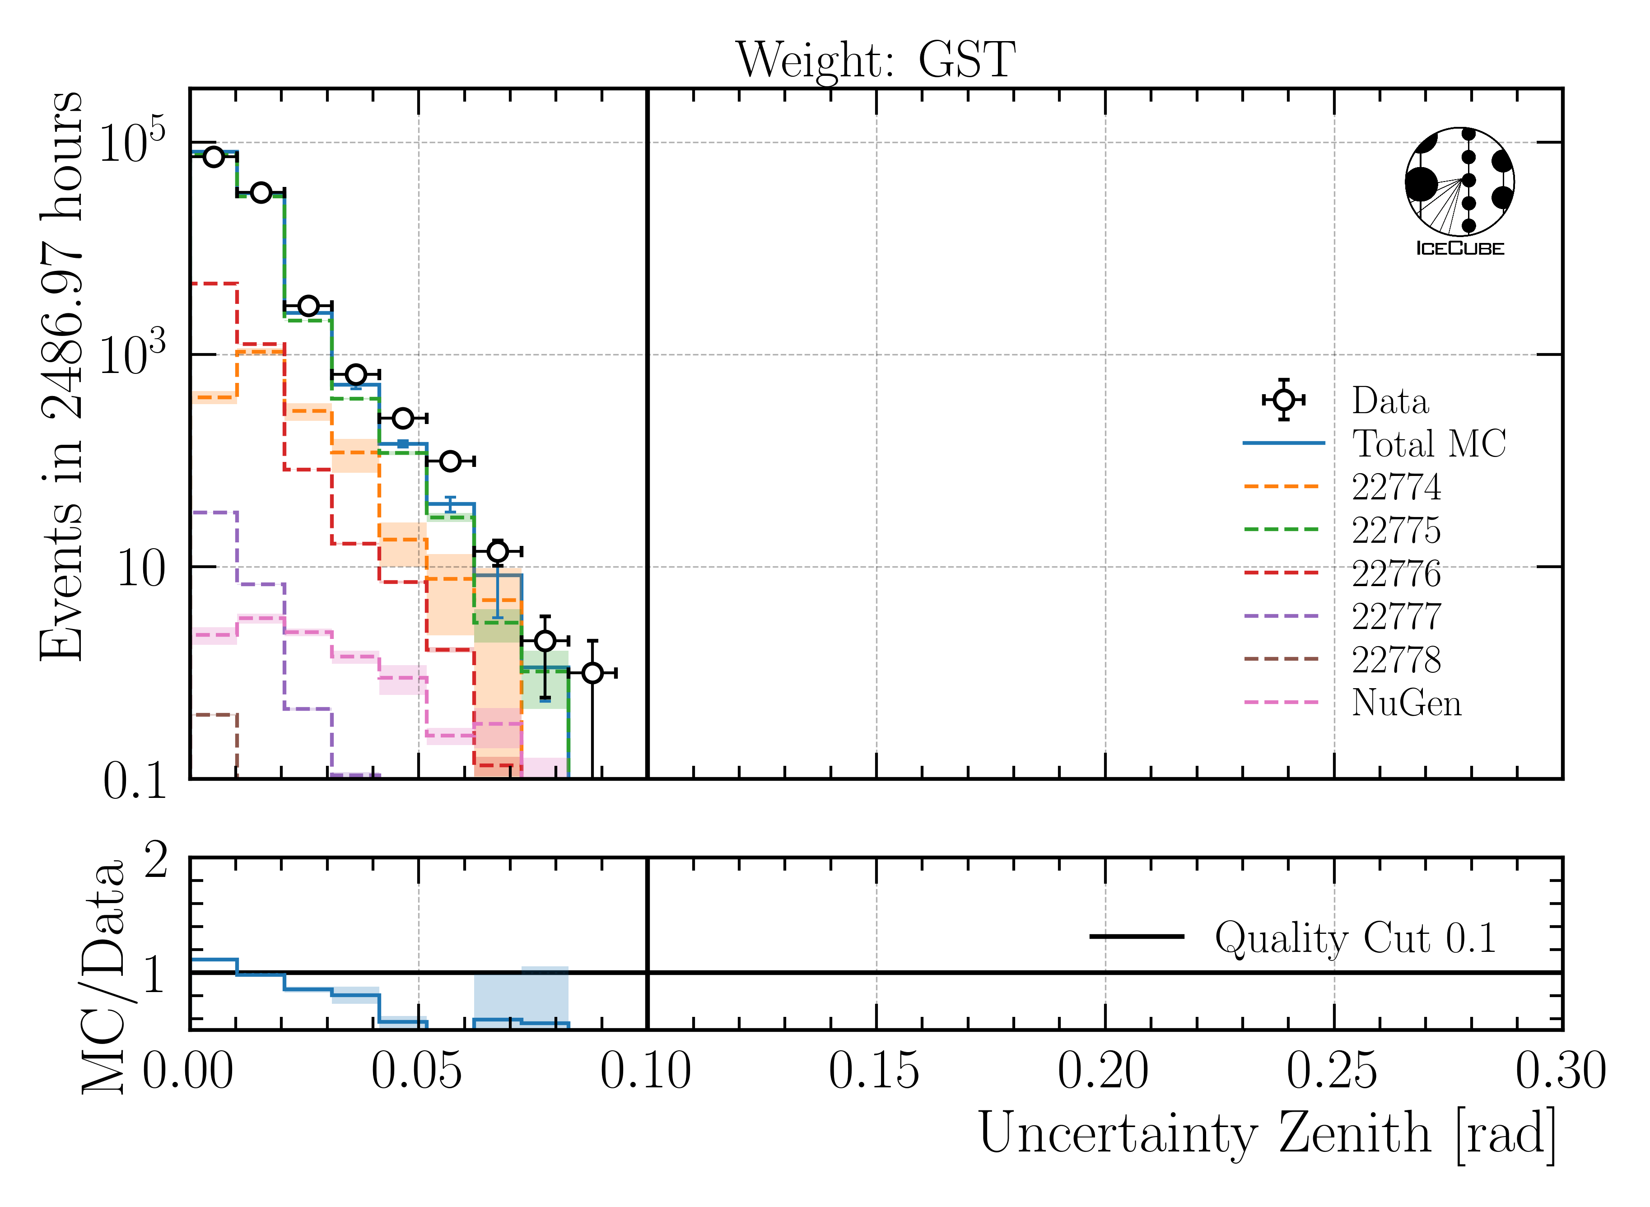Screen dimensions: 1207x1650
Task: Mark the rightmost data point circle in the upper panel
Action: [x=592, y=672]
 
